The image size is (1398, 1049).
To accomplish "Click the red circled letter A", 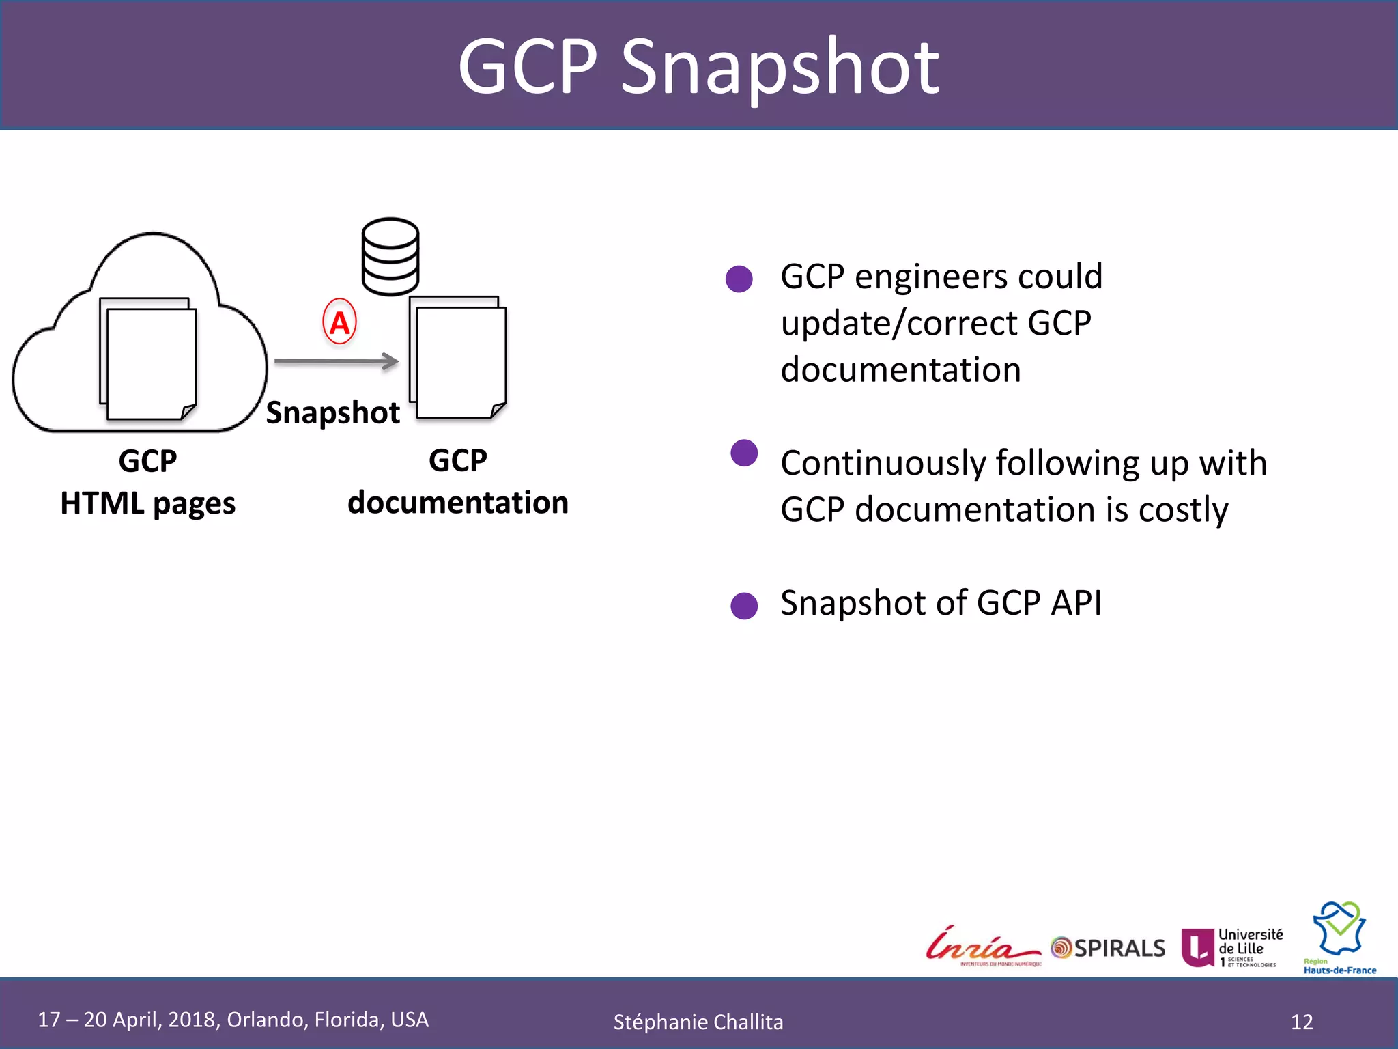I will click(339, 322).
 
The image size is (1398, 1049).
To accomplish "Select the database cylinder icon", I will click(390, 257).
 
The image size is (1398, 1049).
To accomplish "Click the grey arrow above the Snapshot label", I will click(337, 361).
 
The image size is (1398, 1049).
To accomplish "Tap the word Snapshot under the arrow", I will click(332, 412).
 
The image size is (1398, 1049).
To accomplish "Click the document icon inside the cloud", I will click(149, 359).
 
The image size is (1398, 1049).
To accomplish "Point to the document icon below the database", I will click(458, 358).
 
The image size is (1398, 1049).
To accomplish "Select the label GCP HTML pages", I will click(147, 482).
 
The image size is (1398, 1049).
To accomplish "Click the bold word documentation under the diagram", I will click(458, 503).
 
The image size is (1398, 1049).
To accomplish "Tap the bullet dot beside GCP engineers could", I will click(739, 279).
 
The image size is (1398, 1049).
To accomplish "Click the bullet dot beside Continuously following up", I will click(744, 453).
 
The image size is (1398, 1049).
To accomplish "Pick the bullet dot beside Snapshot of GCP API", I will click(744, 606).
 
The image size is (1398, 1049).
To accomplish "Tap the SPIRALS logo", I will click(1109, 948).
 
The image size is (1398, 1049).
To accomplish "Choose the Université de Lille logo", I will click(1232, 947).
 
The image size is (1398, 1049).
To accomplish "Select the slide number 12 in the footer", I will click(1302, 1022).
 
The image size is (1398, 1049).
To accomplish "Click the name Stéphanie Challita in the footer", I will click(698, 1022).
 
